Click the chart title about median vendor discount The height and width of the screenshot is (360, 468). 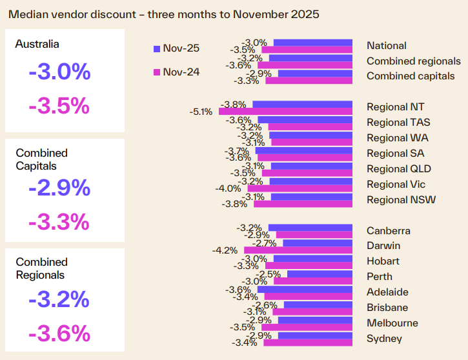point(163,14)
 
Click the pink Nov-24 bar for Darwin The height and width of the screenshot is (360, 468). point(296,250)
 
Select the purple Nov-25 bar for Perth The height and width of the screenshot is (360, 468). point(320,274)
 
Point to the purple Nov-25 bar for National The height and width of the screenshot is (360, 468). point(312,43)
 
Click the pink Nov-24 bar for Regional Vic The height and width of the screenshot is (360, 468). point(300,188)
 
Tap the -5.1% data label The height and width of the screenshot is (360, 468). point(201,112)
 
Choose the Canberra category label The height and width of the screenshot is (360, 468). point(389,230)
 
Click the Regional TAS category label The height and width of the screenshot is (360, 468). point(398,122)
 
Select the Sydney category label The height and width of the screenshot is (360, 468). point(384,339)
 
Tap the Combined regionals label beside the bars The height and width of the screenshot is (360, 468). point(414,61)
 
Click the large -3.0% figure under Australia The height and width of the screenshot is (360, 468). point(59,72)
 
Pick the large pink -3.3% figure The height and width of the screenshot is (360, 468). point(59,221)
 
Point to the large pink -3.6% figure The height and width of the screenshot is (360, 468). point(59,333)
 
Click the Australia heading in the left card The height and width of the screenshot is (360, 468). point(37,44)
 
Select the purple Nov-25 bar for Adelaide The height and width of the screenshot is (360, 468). point(305,289)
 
